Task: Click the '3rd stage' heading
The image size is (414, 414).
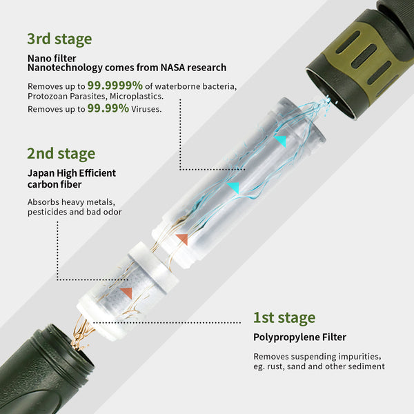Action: [59, 39]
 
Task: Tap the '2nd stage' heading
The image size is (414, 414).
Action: [61, 153]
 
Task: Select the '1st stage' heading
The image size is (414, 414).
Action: [284, 317]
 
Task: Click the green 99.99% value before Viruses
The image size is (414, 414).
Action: [108, 108]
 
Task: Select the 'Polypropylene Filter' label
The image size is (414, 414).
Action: [299, 337]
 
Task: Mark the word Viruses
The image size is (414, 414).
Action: [146, 109]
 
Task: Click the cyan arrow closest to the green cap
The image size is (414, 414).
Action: [280, 140]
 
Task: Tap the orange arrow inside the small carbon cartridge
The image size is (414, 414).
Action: [126, 293]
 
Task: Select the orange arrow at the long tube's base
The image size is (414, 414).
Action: [181, 239]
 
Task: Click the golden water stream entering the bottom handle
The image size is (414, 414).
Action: [82, 335]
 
